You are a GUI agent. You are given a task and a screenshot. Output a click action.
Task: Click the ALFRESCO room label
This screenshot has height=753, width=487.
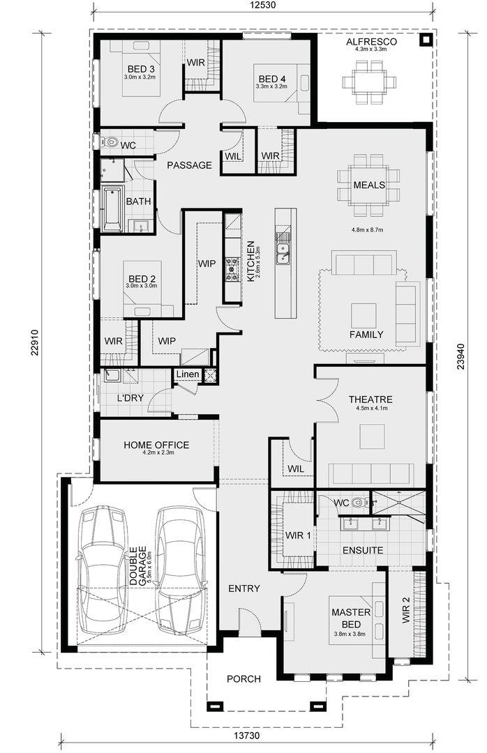coord(372,42)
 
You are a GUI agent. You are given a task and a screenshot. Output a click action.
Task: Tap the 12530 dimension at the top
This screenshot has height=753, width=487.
coord(264,6)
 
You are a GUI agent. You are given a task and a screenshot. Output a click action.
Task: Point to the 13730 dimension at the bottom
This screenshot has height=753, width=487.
coord(246,736)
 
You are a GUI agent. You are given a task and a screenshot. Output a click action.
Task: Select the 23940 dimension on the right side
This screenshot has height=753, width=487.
coord(460,356)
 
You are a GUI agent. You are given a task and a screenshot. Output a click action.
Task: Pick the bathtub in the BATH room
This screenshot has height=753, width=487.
coord(113,209)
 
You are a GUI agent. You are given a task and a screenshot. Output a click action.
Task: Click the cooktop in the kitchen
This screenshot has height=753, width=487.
coord(232,269)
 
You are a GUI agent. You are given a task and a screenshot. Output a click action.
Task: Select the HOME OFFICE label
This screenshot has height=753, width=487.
coord(156,445)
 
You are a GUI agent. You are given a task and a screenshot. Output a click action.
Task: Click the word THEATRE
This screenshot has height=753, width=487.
coord(370,399)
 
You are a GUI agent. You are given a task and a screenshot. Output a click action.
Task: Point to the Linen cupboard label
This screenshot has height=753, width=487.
coord(188,374)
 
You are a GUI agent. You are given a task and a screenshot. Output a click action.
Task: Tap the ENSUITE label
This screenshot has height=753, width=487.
coord(363,550)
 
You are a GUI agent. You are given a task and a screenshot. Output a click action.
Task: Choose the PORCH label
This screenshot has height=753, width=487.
coord(244,679)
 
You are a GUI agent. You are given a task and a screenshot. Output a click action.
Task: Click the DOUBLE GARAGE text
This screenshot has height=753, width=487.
coord(138,565)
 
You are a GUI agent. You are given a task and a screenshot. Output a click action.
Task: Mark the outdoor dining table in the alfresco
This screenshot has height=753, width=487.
coord(369,82)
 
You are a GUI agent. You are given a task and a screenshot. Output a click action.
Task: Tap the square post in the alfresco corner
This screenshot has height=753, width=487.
coord(425,40)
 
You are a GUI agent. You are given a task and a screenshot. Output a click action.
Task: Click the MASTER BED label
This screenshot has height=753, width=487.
coord(351,618)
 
